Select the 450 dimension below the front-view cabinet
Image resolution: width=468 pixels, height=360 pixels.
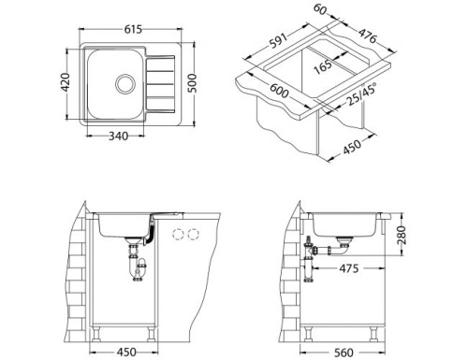[126, 352]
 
